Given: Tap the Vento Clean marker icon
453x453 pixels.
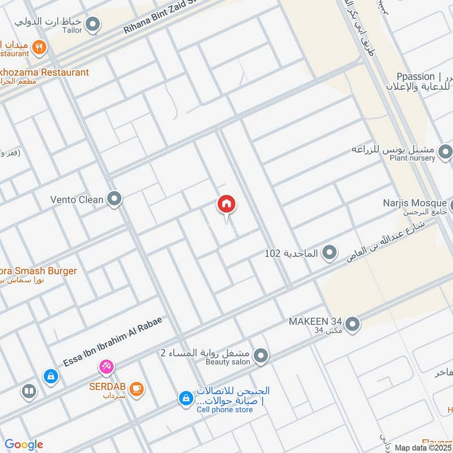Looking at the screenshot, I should point(115,199).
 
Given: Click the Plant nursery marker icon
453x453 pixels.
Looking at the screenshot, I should point(446,151).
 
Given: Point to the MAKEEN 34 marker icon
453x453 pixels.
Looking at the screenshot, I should point(352,324).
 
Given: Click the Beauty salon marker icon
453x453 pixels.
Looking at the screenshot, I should point(260,356).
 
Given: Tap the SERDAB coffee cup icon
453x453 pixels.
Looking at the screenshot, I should point(136,388).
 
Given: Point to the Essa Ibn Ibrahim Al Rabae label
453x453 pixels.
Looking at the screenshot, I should point(113,341).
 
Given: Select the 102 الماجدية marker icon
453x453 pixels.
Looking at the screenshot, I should point(329,253).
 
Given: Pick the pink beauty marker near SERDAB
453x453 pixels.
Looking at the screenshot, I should point(106,367).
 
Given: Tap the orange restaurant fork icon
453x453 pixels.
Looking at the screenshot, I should point(39,48).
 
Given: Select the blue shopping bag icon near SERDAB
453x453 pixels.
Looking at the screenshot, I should point(51,375).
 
